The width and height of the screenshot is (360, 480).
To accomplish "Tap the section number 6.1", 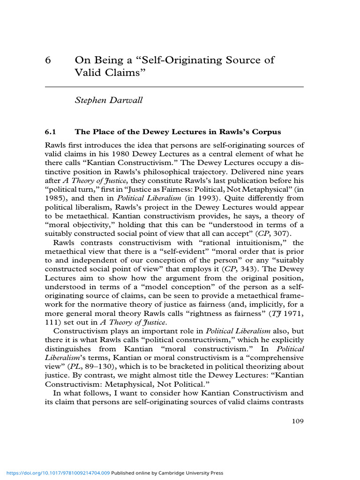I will tap(50, 132).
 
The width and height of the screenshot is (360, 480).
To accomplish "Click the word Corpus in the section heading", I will tap(266, 132).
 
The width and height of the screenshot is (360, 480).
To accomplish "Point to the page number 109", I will tap(298, 421).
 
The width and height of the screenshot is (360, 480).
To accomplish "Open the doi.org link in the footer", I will tap(56, 473).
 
